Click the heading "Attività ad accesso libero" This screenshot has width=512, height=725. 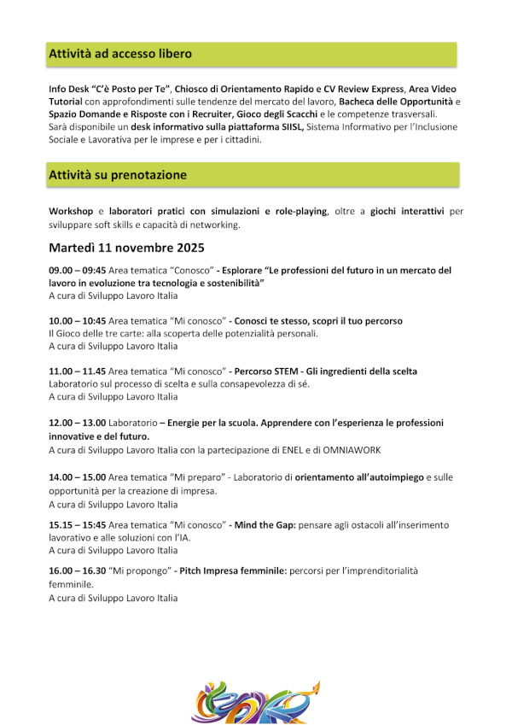(120, 54)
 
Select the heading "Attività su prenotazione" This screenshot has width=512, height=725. (118, 175)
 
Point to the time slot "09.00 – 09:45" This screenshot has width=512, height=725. (78, 270)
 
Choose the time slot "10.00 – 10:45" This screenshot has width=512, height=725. (78, 321)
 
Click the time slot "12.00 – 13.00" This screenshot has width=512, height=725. (78, 423)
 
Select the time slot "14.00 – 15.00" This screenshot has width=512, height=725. (78, 477)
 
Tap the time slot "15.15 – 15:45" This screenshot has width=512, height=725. (78, 524)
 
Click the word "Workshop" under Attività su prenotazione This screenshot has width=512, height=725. (71, 211)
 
